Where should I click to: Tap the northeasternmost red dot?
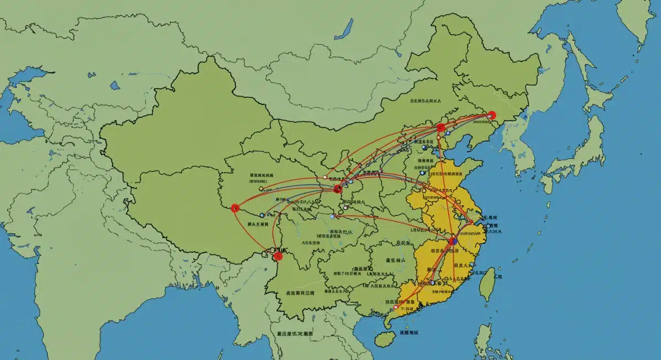(492, 115)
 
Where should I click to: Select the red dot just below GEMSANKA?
(440, 128)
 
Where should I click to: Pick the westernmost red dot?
(235, 208)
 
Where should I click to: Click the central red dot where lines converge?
(338, 189)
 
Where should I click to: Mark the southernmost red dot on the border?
(278, 255)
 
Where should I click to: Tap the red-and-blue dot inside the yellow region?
(453, 241)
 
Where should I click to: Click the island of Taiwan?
(487, 283)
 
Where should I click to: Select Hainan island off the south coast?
(383, 337)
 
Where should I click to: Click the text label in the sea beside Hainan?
(409, 333)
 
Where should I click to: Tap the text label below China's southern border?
(295, 334)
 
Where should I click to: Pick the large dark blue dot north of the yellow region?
(424, 148)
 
